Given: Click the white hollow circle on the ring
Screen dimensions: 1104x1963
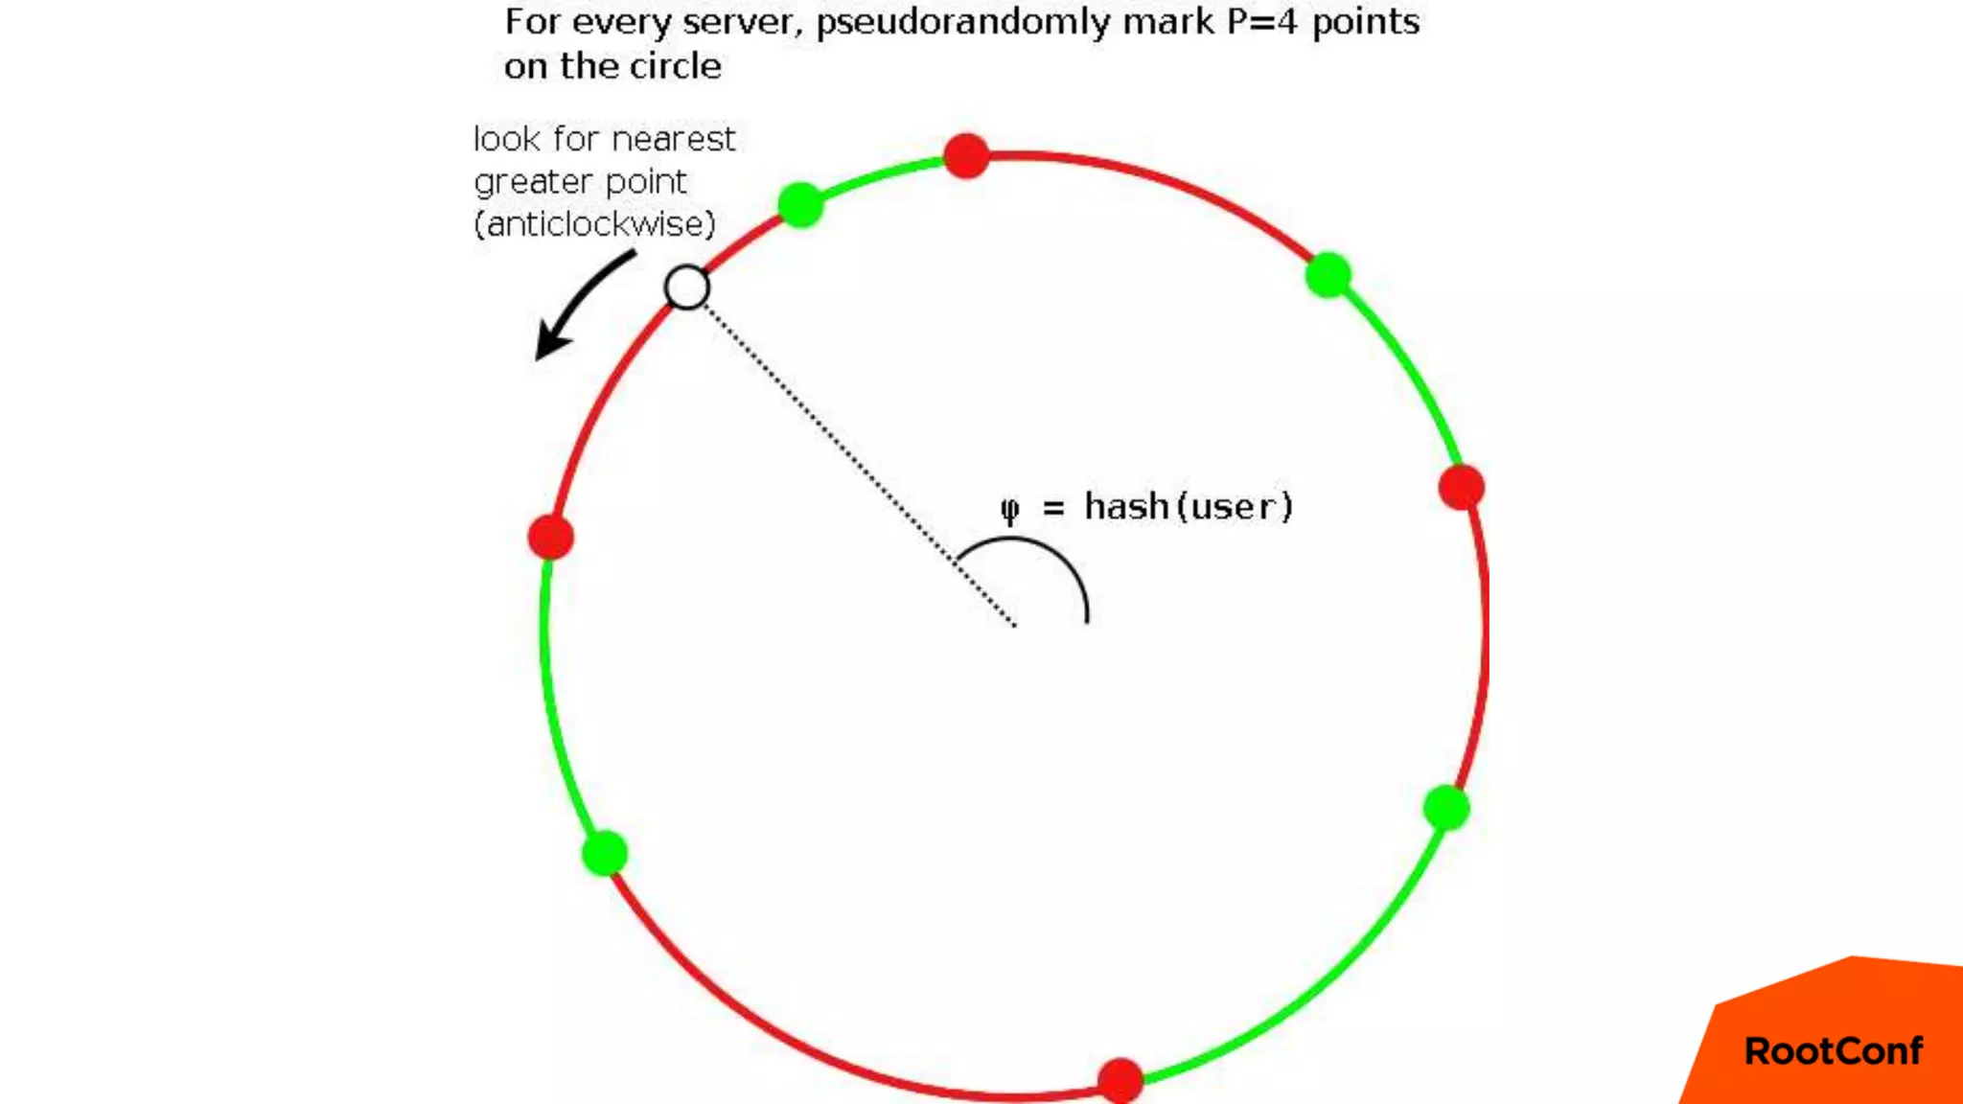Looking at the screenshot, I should coord(686,287).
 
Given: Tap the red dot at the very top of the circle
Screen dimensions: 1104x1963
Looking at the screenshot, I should coord(966,155).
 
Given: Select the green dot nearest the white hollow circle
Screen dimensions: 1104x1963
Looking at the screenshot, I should coord(800,204).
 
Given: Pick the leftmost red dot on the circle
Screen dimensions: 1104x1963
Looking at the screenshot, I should coord(551,537).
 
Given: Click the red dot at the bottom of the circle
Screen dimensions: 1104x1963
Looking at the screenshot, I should coord(1120,1081).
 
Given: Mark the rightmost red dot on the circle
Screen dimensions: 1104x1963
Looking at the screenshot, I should coord(1462,488).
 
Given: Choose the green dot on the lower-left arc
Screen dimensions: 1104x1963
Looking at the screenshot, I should coord(605,853).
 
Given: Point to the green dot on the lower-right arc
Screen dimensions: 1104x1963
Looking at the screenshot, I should coord(1446,808).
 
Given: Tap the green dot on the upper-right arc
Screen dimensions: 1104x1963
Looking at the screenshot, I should coord(1328,276).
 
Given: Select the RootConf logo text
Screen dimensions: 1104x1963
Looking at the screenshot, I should coord(1833,1051).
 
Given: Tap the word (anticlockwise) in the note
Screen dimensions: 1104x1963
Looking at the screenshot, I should coord(595,224).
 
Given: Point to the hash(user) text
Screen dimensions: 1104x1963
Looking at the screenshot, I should coord(1189,506).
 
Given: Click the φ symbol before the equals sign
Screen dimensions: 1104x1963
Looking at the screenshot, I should coord(1009,508).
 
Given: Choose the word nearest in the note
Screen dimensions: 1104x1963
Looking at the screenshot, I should coord(674,140).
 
